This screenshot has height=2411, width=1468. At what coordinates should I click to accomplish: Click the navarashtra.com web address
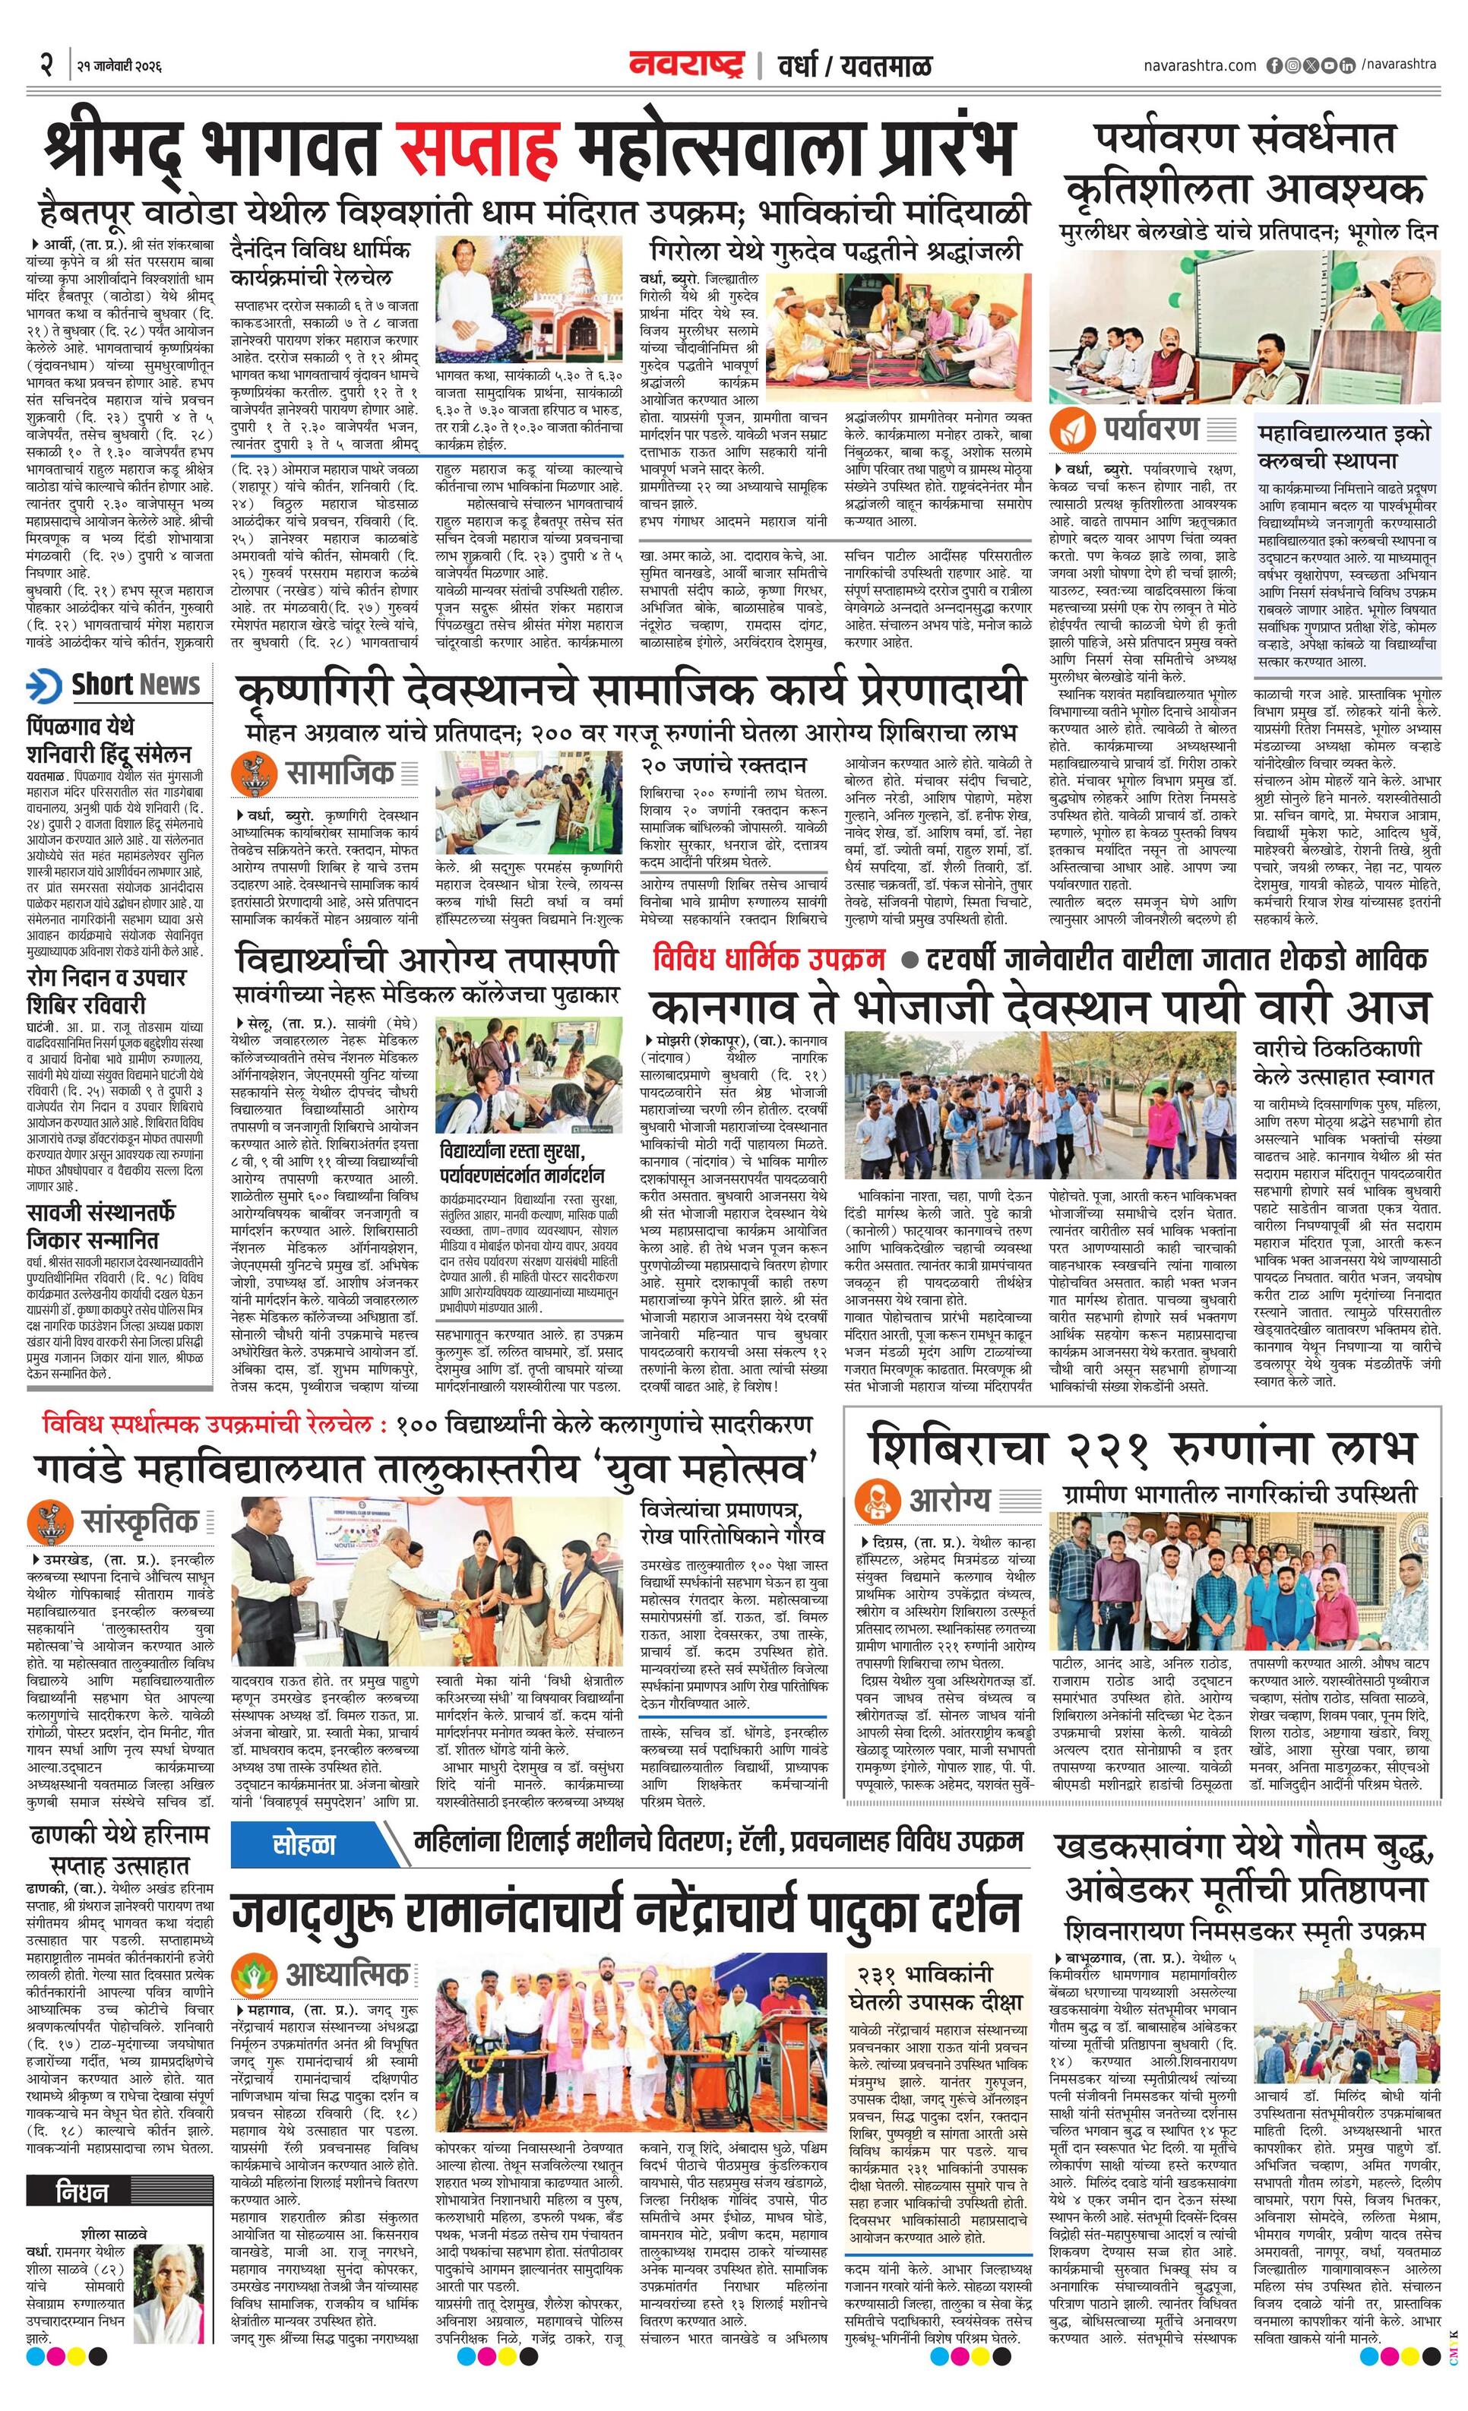pyautogui.click(x=1199, y=65)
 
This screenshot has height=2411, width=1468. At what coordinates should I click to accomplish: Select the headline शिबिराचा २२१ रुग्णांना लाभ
pyautogui.click(x=1142, y=1444)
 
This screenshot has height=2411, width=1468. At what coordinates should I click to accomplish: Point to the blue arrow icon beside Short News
pyautogui.click(x=45, y=685)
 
